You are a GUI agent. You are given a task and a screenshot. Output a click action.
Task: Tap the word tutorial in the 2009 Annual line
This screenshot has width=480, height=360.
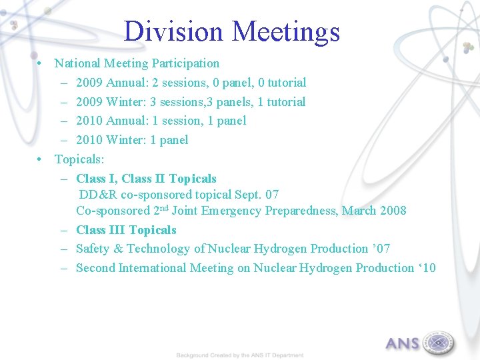pos(287,83)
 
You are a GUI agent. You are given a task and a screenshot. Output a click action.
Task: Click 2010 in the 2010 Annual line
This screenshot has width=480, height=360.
pos(89,121)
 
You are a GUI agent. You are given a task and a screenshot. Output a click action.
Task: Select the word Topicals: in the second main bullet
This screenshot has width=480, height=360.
pos(79,159)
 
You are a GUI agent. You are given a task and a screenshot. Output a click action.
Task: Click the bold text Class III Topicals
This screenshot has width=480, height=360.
pos(126,230)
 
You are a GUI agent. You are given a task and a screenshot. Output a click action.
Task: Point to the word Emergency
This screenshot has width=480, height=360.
pos(234,211)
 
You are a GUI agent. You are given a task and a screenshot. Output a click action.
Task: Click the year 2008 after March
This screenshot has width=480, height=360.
pos(393,211)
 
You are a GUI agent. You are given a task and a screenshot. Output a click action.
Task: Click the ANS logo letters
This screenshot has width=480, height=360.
pos(403,344)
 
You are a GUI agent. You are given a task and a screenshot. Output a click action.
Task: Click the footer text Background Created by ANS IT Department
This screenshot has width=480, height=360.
pos(240,355)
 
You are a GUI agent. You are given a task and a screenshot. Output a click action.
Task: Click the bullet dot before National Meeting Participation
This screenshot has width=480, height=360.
pos(41,63)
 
